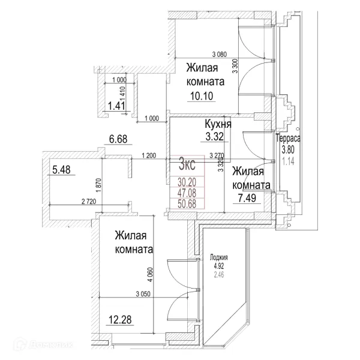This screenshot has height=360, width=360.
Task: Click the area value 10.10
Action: (202, 96)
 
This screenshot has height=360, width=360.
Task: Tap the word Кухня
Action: (218, 124)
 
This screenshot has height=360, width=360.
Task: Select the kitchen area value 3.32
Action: (214, 137)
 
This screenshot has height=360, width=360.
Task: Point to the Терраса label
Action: (288, 139)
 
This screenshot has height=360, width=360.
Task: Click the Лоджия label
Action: (219, 257)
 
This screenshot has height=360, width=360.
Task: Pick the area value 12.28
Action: (120, 320)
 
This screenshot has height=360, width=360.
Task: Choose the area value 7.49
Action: (247, 198)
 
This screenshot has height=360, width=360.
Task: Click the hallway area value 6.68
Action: (118, 139)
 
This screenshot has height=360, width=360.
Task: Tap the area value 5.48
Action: (61, 170)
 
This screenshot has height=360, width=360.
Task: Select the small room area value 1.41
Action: (116, 106)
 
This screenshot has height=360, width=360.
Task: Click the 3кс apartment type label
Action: (187, 164)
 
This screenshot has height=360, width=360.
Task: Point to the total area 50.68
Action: (187, 203)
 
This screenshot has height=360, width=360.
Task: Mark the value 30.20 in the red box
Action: (187, 182)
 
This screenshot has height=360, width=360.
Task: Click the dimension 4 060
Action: (150, 275)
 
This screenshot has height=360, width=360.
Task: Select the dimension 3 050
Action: (143, 293)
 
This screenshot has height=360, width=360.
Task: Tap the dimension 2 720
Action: (89, 202)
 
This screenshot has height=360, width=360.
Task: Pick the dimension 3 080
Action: (220, 55)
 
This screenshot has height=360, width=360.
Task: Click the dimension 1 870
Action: (99, 185)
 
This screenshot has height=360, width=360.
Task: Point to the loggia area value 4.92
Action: (219, 266)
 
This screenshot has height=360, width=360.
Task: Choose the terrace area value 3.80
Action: (288, 150)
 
